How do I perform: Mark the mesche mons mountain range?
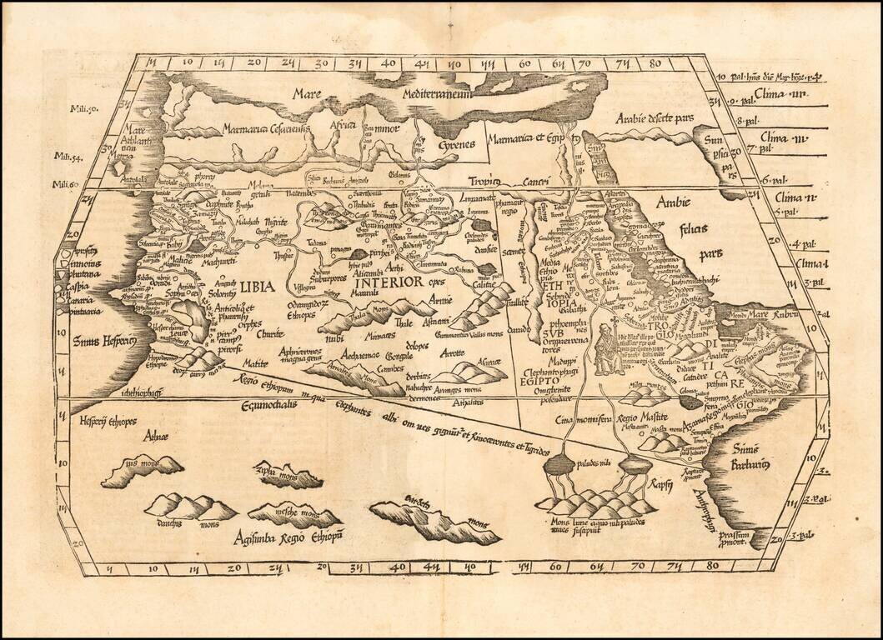(283, 513)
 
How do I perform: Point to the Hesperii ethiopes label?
(108, 422)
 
